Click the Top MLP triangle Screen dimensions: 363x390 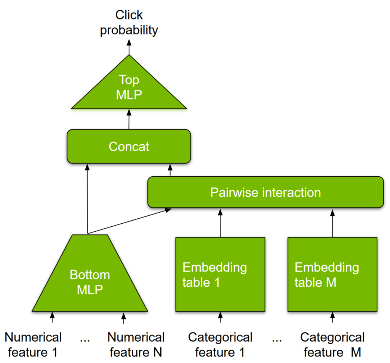pyautogui.click(x=129, y=88)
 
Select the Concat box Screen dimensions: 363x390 pyautogui.click(x=129, y=147)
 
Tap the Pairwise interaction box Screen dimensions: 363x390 pyautogui.click(x=265, y=192)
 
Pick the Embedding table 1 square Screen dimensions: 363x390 pyautogui.click(x=220, y=274)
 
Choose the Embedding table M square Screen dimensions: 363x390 pyautogui.click(x=332, y=274)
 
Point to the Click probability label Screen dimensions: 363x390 pyautogui.click(x=129, y=23)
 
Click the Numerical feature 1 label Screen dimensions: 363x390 pyautogui.click(x=33, y=344)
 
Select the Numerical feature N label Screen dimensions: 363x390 pyautogui.click(x=136, y=344)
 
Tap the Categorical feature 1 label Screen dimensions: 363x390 pyautogui.click(x=220, y=344)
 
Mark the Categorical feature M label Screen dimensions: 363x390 pyautogui.click(x=332, y=344)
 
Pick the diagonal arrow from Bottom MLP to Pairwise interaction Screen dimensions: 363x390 pyautogui.click(x=129, y=221)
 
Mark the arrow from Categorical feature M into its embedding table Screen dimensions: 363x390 pyautogui.click(x=332, y=318)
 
